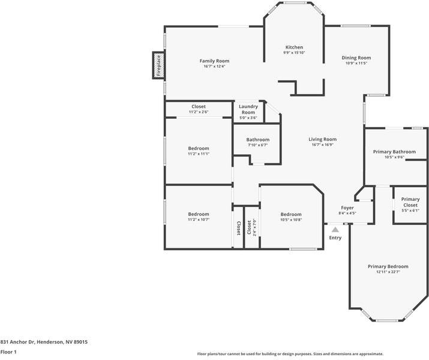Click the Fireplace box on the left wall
click(158, 65)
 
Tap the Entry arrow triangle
click(335, 229)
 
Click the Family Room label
click(214, 61)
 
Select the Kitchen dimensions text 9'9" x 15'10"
click(294, 53)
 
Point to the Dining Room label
click(356, 58)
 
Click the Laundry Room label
click(248, 109)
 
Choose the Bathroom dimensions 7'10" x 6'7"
click(257, 145)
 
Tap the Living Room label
click(323, 139)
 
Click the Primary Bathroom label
click(394, 152)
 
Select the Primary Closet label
click(410, 202)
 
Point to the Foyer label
click(347, 208)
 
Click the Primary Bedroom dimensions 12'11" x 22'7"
click(388, 272)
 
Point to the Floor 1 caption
click(8, 352)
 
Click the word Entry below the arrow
click(335, 238)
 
